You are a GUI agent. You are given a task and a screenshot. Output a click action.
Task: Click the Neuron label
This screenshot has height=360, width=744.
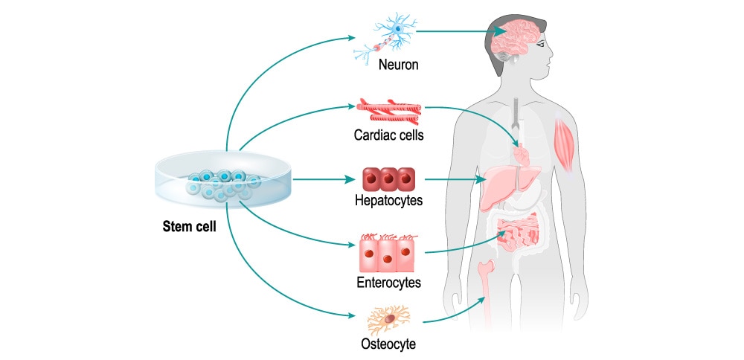pyautogui.click(x=398, y=65)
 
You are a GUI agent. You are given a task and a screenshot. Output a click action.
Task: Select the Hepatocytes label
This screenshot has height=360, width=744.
pyautogui.click(x=389, y=201)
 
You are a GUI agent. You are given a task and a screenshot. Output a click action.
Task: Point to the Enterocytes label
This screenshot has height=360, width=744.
pyautogui.click(x=388, y=283)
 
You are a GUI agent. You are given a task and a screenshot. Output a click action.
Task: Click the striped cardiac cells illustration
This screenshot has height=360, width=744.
pyautogui.click(x=388, y=112)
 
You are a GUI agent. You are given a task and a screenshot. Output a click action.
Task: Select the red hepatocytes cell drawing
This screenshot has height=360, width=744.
pyautogui.click(x=388, y=180)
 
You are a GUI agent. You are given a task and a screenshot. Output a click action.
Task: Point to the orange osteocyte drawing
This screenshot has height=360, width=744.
pyautogui.click(x=388, y=321)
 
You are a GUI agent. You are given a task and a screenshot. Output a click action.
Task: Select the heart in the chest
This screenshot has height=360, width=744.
pyautogui.click(x=523, y=155)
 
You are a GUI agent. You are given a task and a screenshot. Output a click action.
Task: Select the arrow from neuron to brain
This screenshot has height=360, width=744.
pyautogui.click(x=454, y=32)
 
